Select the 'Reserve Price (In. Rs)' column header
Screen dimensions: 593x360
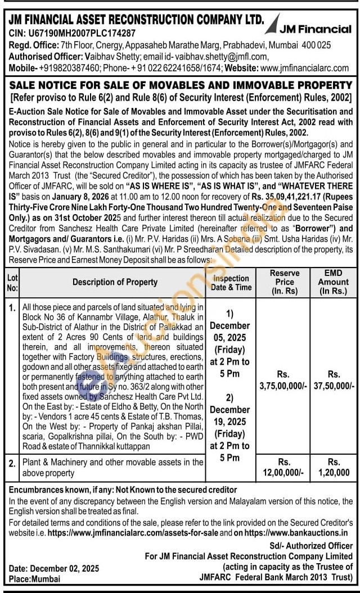[x=285, y=282]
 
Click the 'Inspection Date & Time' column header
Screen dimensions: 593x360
[x=231, y=283]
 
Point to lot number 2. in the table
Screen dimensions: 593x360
[x=12, y=463]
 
